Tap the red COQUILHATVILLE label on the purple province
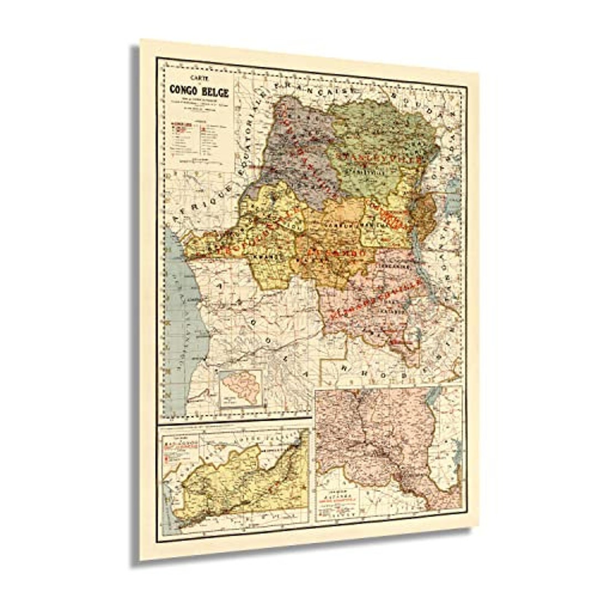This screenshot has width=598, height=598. point(307,149)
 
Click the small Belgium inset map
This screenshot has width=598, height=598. point(240,388)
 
